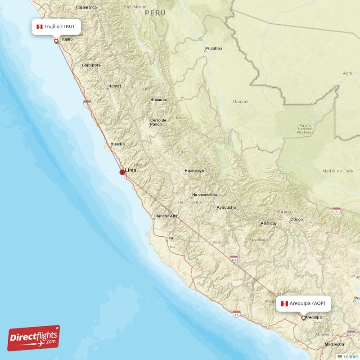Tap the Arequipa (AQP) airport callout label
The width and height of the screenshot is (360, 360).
pos(306,304)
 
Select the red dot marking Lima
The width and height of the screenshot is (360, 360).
pos(122,172)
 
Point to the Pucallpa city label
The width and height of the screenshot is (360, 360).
pos(214,48)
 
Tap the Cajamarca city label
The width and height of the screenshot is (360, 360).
pos(87,7)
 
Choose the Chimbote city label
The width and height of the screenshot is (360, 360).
pos(91,65)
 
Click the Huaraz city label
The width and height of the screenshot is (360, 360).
pos(115,85)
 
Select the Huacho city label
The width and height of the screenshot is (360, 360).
pos(118,144)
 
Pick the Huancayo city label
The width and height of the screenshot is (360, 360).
pos(194,171)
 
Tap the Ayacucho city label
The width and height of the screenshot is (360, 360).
pos(226,207)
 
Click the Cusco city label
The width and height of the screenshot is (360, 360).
pos(297,220)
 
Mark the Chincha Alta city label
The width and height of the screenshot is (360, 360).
pos(166,216)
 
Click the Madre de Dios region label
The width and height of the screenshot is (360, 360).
pos(337,171)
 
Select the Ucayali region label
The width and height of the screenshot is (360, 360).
pos(240,102)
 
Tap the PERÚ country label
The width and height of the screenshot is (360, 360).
pos(155,13)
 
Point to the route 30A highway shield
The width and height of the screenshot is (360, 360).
pos(234,260)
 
